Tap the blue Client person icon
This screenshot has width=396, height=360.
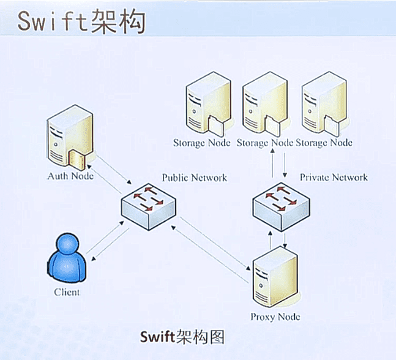(x=66, y=260)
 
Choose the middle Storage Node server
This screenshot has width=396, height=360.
(x=264, y=105)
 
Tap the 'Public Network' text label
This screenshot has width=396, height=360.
(x=194, y=178)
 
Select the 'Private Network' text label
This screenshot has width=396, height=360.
(x=334, y=177)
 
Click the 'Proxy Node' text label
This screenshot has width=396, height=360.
(x=275, y=317)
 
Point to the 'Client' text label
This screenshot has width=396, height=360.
(x=67, y=292)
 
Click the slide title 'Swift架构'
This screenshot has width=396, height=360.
(x=80, y=23)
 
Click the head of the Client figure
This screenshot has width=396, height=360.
(x=66, y=245)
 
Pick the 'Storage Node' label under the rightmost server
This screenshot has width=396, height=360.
(x=324, y=143)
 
